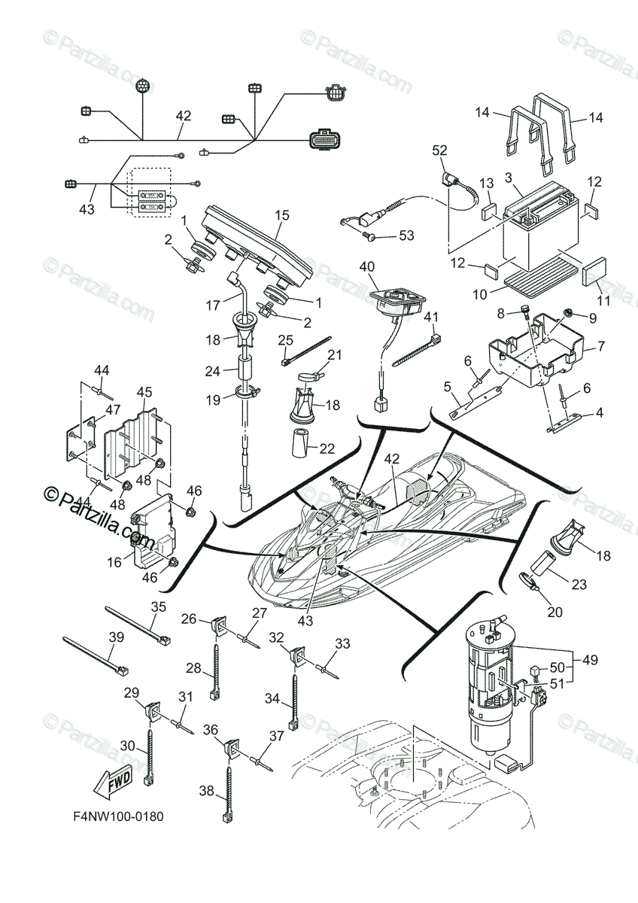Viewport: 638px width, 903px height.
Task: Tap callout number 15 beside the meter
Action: click(282, 215)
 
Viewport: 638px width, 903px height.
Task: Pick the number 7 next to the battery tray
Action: click(600, 348)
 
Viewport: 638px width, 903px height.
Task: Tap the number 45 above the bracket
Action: click(145, 392)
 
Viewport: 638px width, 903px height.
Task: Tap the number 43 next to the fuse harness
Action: click(87, 210)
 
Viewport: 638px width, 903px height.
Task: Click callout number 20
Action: click(554, 612)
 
